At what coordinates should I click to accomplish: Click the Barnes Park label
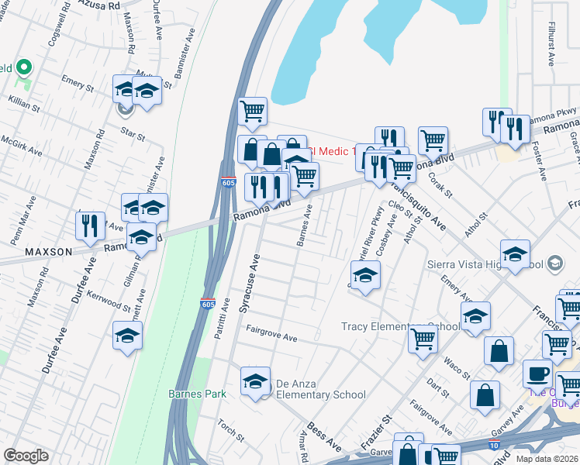pyautogui.click(x=198, y=394)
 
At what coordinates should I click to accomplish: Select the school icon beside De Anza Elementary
pyautogui.click(x=255, y=382)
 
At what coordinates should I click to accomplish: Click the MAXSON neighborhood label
pyautogui.click(x=48, y=252)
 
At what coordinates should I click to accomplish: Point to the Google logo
pyautogui.click(x=26, y=456)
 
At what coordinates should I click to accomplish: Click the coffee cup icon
pyautogui.click(x=537, y=374)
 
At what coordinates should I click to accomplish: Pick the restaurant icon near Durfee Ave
pyautogui.click(x=90, y=226)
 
